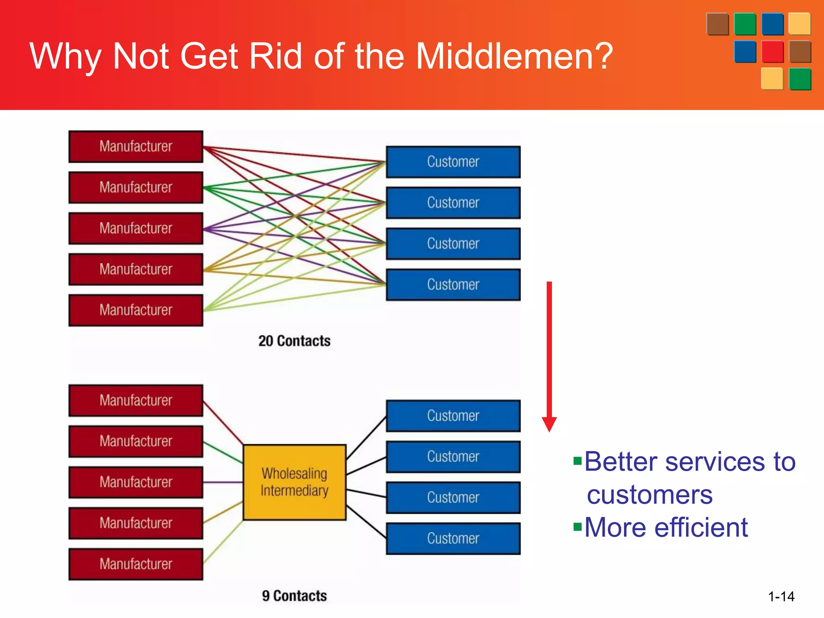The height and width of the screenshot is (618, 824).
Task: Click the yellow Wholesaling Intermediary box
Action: (295, 482)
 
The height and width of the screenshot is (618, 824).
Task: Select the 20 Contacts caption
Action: (294, 341)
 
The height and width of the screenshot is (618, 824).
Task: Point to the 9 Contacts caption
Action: (294, 595)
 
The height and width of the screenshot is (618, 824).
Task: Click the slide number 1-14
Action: (781, 596)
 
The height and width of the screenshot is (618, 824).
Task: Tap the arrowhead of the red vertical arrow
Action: (549, 424)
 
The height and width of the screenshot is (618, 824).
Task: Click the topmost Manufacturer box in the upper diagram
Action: (136, 146)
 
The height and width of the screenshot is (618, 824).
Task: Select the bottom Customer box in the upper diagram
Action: (453, 285)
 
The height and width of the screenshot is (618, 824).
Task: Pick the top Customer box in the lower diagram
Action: (453, 416)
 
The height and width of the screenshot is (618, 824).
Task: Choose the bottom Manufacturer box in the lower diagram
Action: (136, 564)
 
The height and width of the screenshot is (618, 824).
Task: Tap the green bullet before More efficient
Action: (577, 527)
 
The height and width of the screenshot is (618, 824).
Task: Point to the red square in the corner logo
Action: (772, 51)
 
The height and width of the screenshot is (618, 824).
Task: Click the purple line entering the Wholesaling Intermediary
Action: (223, 482)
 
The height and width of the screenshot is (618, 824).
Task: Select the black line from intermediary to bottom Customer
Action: (366, 522)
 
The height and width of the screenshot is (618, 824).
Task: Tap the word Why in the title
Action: (64, 57)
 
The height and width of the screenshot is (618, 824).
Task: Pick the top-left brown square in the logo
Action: (717, 24)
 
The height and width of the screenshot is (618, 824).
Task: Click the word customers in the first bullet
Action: (649, 494)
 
